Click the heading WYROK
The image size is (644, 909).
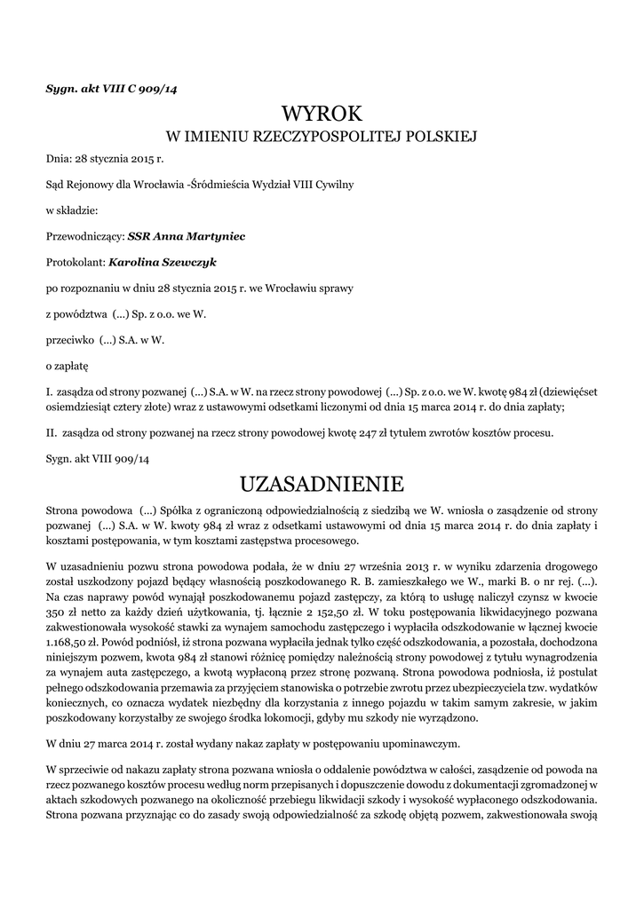click(x=322, y=115)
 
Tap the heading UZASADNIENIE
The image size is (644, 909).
click(x=322, y=484)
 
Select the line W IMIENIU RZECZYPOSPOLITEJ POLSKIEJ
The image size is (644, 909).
click(x=322, y=138)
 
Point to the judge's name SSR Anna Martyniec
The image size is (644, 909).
click(x=187, y=237)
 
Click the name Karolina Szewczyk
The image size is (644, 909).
click(x=163, y=263)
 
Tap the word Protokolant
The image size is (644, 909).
click(x=76, y=263)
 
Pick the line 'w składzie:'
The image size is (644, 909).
click(x=71, y=211)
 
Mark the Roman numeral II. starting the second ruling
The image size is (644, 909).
click(x=52, y=434)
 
